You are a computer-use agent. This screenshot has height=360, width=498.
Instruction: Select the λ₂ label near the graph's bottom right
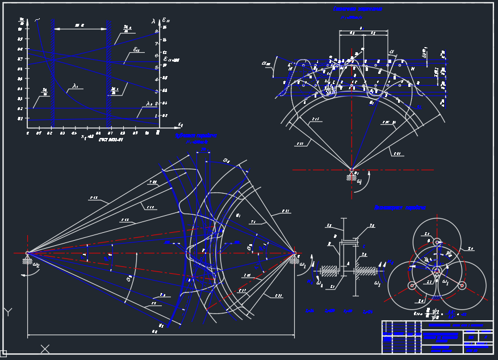(x=149, y=104)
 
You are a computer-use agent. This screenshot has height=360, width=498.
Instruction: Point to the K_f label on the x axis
(x=180, y=124)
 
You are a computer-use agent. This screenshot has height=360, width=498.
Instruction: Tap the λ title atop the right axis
(x=153, y=21)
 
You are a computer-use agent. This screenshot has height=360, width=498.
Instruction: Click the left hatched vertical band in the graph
(x=52, y=74)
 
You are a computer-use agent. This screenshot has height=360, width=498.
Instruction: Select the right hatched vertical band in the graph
(x=107, y=74)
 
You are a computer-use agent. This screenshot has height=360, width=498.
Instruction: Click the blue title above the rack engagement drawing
(x=357, y=10)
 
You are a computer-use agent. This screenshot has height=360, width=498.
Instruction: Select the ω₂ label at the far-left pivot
(x=36, y=264)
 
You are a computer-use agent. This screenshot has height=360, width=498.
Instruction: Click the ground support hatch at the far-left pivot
(x=27, y=261)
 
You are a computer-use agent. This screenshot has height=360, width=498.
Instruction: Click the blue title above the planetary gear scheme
(x=400, y=208)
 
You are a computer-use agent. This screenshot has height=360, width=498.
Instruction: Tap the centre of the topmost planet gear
(x=437, y=242)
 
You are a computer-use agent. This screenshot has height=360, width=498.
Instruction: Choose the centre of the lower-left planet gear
(x=411, y=285)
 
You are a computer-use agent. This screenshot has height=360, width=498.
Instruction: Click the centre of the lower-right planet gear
(x=462, y=285)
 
